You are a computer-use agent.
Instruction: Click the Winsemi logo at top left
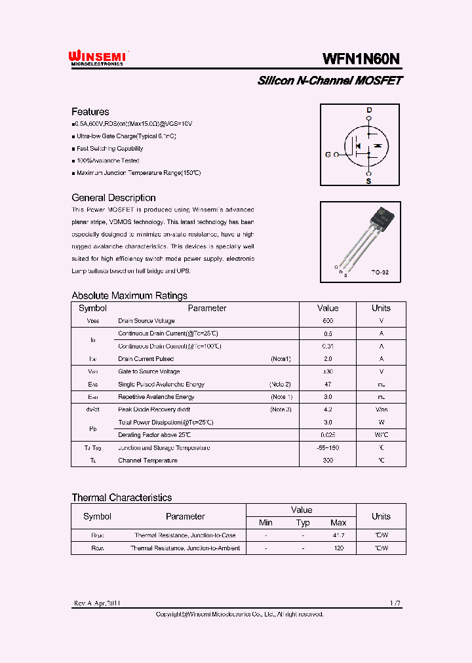tap(98, 58)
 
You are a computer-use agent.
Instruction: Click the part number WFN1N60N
tap(361, 58)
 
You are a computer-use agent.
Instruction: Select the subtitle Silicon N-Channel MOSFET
tap(330, 81)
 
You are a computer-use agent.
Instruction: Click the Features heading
tap(90, 111)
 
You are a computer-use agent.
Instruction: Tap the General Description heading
tap(113, 198)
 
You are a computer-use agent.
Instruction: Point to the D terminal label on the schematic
tap(368, 110)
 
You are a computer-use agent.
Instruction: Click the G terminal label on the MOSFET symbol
tap(328, 155)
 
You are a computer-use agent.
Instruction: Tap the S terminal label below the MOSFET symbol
tap(368, 181)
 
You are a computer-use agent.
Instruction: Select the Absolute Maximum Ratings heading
tap(129, 295)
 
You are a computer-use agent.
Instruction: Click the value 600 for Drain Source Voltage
tap(328, 321)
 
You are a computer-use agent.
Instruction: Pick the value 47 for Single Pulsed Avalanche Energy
tap(328, 385)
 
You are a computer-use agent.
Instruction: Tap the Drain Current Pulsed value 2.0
tap(328, 359)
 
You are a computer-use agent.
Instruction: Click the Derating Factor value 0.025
tap(328, 435)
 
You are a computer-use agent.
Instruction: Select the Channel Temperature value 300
tap(328, 461)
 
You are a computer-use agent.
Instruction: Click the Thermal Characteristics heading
tap(121, 498)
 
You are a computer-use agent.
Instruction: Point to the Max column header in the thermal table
tap(338, 523)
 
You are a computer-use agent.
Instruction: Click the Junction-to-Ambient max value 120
tap(338, 548)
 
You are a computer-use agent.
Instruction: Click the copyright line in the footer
tap(239, 615)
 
